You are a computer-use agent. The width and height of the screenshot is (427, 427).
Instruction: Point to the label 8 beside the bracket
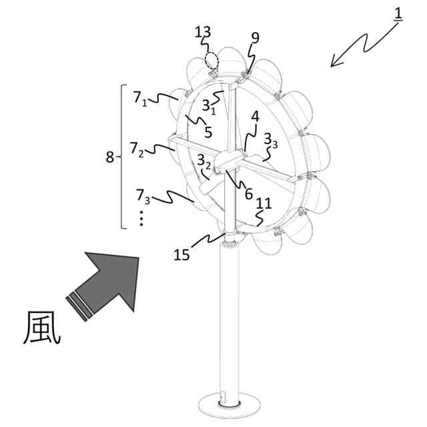110,157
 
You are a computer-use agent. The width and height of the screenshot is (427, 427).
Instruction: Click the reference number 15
183,254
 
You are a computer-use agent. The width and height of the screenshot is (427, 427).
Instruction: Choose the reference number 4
254,117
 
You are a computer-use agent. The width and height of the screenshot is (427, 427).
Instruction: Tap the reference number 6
249,193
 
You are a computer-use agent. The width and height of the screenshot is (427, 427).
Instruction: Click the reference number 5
208,132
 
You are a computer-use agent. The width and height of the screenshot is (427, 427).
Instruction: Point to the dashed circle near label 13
211,60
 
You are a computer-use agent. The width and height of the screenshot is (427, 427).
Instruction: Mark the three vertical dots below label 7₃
142,219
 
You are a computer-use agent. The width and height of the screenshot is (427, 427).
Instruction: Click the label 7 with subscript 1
140,98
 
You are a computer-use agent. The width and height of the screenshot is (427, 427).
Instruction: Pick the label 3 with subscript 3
270,140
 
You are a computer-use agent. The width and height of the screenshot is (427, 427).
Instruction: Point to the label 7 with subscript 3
142,196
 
